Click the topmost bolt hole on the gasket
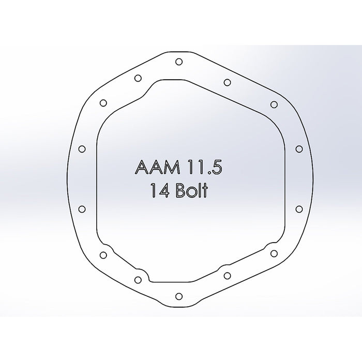[178, 62]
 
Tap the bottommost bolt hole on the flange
[178, 296]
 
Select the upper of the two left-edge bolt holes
[81, 149]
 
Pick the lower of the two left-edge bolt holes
[81, 208]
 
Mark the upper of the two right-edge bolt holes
[298, 149]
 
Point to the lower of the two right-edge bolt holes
[298, 208]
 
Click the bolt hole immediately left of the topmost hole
[138, 78]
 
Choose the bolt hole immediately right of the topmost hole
[227, 82]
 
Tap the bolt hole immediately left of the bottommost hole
[138, 280]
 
